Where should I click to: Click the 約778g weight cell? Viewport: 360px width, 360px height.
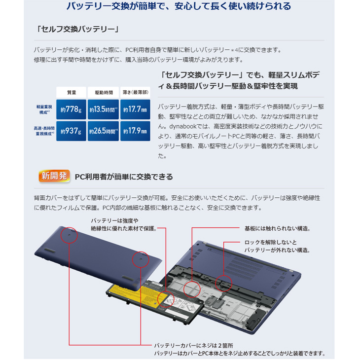coord(72,109)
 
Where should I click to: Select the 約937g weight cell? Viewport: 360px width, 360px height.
coord(72,131)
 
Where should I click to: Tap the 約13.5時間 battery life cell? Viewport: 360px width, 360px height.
coord(104,109)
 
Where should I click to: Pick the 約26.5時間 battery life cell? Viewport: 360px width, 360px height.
coord(104,131)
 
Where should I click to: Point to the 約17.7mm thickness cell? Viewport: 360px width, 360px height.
coord(135,109)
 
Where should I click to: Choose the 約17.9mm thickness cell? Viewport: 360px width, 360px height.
coord(135,131)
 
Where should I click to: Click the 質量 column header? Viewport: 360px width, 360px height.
coord(72,92)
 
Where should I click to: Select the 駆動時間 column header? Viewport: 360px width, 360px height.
coord(104,92)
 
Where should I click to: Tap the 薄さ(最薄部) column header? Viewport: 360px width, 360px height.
coord(135,92)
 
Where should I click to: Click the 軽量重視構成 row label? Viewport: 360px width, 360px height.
coord(44,109)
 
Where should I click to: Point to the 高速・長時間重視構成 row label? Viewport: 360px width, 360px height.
coord(44,131)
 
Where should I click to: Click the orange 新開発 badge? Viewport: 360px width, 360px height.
coord(53,176)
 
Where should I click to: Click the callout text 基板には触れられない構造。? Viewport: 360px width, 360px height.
coord(277,228)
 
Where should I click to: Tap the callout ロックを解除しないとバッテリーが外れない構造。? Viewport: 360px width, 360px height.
coord(277,246)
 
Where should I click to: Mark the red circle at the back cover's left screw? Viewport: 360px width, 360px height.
coord(70,236)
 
